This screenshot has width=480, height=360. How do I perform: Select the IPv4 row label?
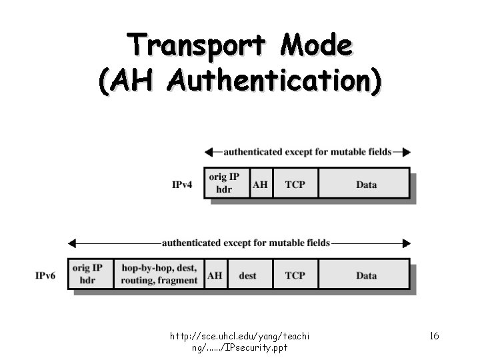point(182,185)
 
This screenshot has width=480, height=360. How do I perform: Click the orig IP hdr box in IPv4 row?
point(225,183)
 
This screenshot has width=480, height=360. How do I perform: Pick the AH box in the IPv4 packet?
point(260,183)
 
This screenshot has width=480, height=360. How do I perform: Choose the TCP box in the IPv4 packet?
point(295,184)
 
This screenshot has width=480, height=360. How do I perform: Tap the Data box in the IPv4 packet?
point(365,184)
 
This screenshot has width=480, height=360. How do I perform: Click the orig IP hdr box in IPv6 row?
point(89,274)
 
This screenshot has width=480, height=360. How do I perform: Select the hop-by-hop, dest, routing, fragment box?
point(159,274)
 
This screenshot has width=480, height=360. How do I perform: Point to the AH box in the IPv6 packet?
point(215,274)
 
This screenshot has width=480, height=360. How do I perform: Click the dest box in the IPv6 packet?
point(247,274)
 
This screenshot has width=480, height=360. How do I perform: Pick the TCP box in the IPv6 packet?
point(295,274)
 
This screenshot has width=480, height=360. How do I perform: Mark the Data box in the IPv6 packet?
point(365,274)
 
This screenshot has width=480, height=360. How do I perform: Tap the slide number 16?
point(434,335)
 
